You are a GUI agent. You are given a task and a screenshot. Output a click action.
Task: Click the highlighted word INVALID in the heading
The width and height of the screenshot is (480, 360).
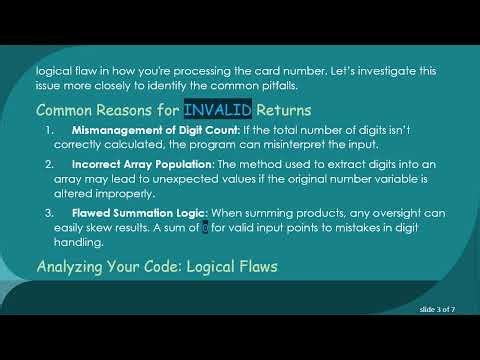pos(218,109)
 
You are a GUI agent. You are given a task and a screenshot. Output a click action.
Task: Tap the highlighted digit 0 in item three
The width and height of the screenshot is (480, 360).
pos(206,229)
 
